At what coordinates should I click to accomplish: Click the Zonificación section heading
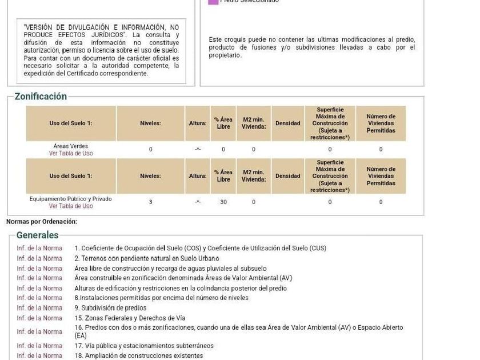[x=41, y=97]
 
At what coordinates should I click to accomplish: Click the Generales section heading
[x=37, y=235]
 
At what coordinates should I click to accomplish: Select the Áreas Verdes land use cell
[x=71, y=146]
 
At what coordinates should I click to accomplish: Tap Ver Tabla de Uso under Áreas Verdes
[x=71, y=153]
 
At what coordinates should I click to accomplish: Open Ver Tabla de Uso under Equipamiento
[x=71, y=206]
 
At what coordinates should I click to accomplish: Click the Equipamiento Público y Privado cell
[x=71, y=199]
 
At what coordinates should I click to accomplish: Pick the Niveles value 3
[x=150, y=202]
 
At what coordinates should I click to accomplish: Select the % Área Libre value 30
[x=223, y=202]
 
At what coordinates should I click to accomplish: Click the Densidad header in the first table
[x=287, y=123]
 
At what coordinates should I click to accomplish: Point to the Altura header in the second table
[x=198, y=176]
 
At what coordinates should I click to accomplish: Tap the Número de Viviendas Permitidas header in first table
[x=381, y=123]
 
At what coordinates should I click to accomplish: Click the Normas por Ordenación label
[x=42, y=221]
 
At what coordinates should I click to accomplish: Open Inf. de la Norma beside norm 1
[x=39, y=248]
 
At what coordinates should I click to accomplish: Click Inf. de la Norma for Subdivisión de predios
[x=39, y=308]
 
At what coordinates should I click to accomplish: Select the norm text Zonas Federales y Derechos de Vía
[x=130, y=318]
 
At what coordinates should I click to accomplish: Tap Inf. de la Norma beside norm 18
[x=39, y=355]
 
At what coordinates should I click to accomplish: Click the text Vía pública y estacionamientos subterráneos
[x=144, y=346]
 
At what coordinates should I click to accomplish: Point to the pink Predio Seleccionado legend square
[x=213, y=2]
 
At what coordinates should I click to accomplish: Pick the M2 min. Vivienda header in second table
[x=254, y=176]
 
